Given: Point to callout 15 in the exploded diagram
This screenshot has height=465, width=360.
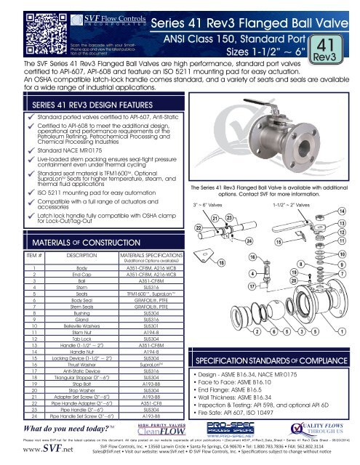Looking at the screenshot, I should [x=279, y=241].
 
